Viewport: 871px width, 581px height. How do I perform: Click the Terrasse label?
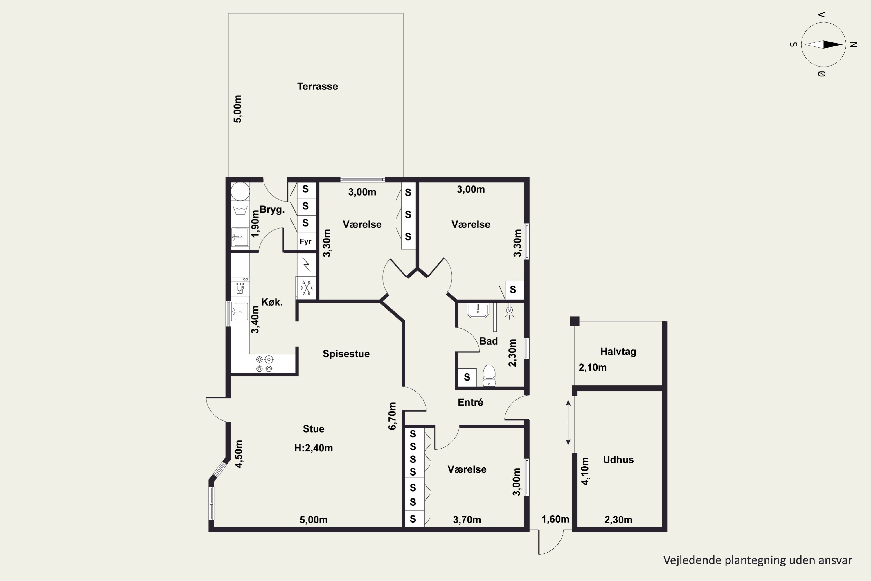pyautogui.click(x=317, y=86)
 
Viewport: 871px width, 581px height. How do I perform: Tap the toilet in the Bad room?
pyautogui.click(x=489, y=375)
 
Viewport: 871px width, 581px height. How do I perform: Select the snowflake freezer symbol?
pyautogui.click(x=306, y=288)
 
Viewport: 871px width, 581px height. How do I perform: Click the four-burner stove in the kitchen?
pyautogui.click(x=264, y=363)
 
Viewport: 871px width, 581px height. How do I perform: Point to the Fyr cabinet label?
pyautogui.click(x=305, y=242)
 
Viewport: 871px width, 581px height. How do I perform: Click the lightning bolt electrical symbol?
pyautogui.click(x=306, y=265)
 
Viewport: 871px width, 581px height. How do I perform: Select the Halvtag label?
pyautogui.click(x=618, y=352)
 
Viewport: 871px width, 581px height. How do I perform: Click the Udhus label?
pyautogui.click(x=618, y=460)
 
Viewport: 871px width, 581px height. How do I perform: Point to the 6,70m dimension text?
pyautogui.click(x=392, y=416)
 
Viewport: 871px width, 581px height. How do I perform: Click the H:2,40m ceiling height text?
pyautogui.click(x=313, y=448)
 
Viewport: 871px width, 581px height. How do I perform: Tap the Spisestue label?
pyautogui.click(x=346, y=354)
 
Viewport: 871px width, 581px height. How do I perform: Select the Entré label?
pyautogui.click(x=470, y=402)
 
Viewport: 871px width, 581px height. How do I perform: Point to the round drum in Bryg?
pyautogui.click(x=240, y=191)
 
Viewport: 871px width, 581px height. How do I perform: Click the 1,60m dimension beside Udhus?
pyautogui.click(x=555, y=519)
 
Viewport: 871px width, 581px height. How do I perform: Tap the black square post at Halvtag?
pyautogui.click(x=574, y=321)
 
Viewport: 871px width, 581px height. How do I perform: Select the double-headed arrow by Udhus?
pyautogui.click(x=568, y=422)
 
